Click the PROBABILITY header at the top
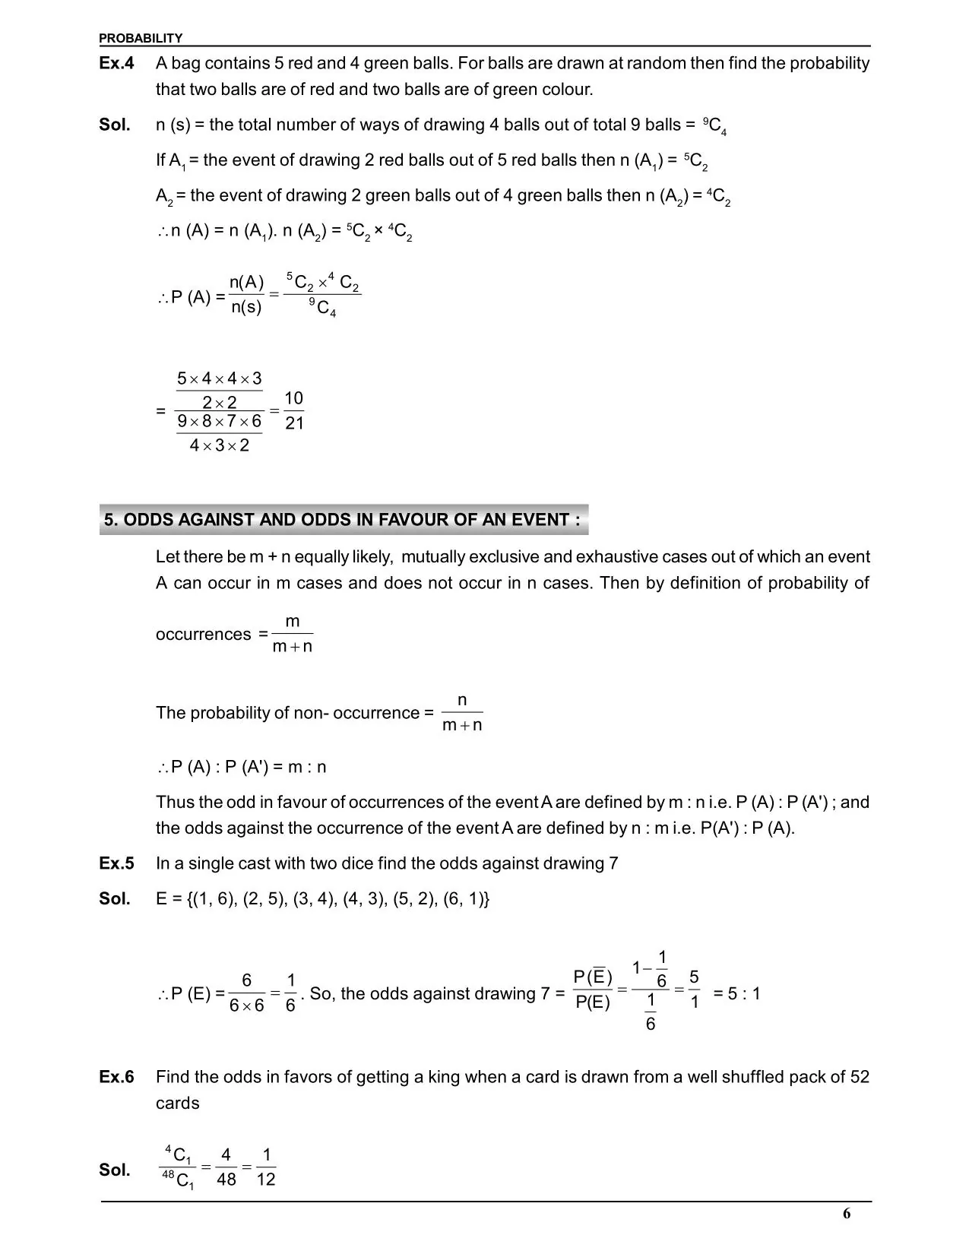coord(141,38)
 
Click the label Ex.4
coord(116,63)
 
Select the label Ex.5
coord(116,863)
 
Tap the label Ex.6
coord(116,1077)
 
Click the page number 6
coord(847,1214)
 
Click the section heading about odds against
coord(343,520)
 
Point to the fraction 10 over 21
coord(293,410)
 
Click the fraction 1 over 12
coord(266,1167)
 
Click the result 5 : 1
coord(736,993)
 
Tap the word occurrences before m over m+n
coord(203,635)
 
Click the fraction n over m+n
coord(462,712)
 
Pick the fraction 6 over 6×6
coord(246,993)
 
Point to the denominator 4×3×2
coord(219,445)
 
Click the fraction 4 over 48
coord(226,1167)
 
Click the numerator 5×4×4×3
coord(219,378)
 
